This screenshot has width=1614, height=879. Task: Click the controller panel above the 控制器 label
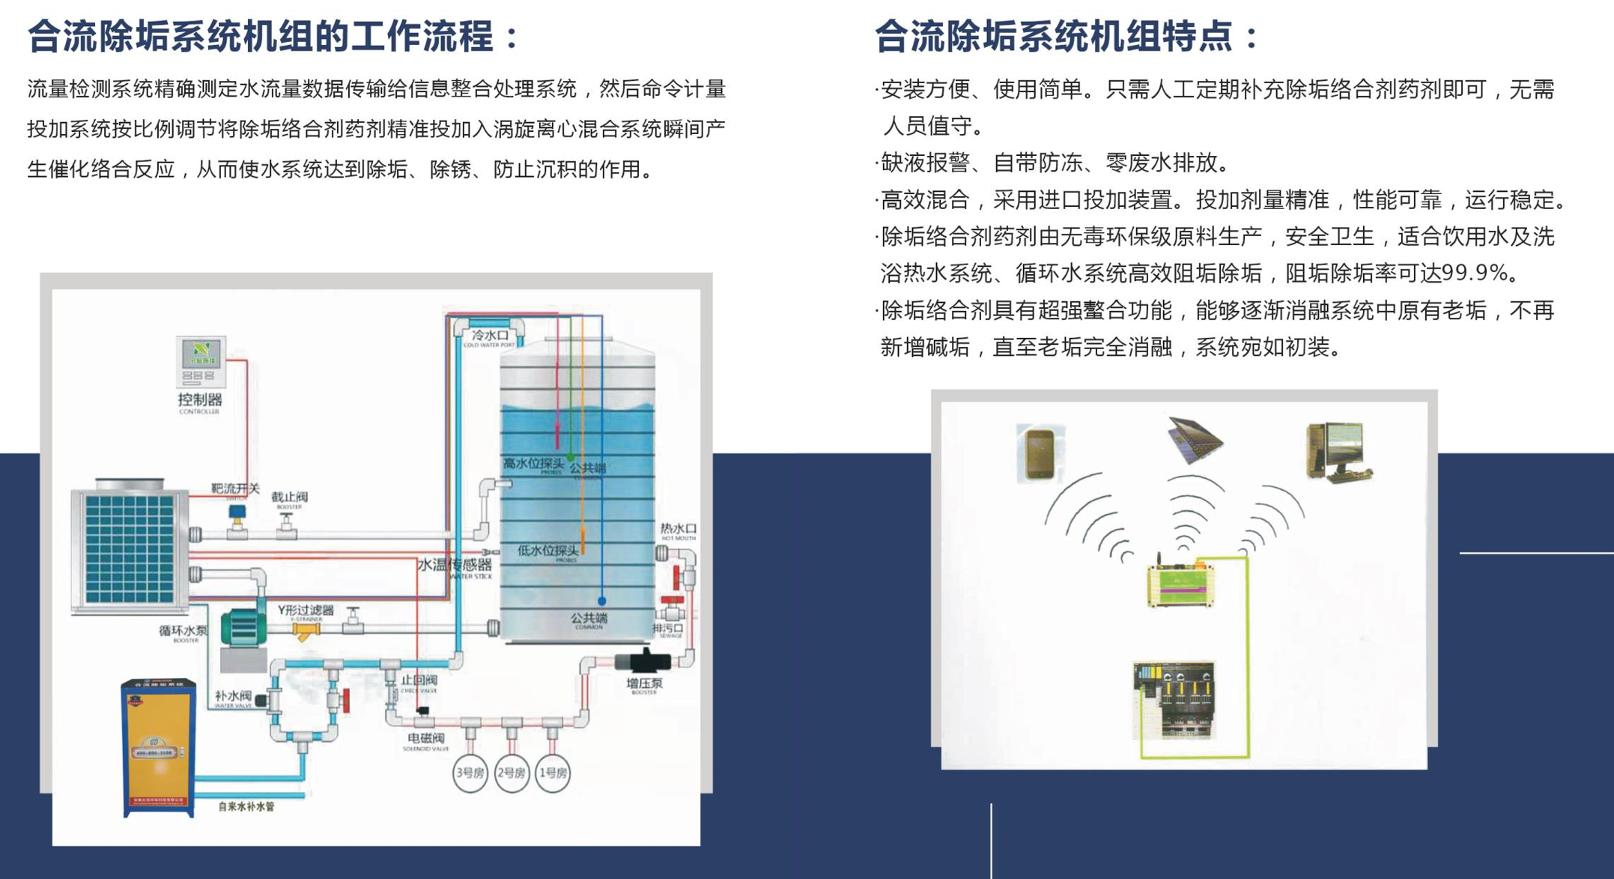point(201,360)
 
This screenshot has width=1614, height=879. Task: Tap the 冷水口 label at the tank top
point(490,335)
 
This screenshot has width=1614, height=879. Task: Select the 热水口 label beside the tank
point(678,528)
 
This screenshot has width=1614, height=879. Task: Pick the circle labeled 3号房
point(470,773)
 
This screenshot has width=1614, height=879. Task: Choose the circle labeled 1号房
point(553,773)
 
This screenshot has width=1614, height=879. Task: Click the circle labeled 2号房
point(512,773)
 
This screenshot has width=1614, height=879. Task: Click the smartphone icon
point(1040,453)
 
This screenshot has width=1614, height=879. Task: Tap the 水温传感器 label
point(455,565)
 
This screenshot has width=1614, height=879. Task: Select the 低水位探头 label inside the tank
point(548,550)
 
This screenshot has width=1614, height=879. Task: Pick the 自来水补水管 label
point(246,807)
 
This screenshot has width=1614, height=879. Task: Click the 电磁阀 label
point(426,738)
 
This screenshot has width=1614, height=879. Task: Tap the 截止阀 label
point(289,497)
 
